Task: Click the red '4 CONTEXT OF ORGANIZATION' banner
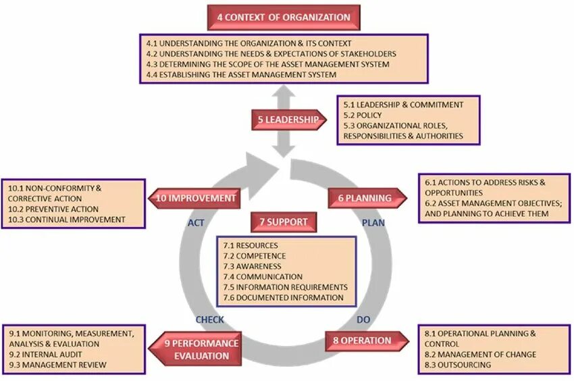coord(283,18)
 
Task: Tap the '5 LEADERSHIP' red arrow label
coord(288,120)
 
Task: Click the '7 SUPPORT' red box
coord(284,222)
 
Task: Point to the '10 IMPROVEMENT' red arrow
coord(196,199)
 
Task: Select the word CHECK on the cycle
coord(210,320)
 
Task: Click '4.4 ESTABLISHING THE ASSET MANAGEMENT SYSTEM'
coord(241,74)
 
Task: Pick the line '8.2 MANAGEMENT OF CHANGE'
coord(480,355)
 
